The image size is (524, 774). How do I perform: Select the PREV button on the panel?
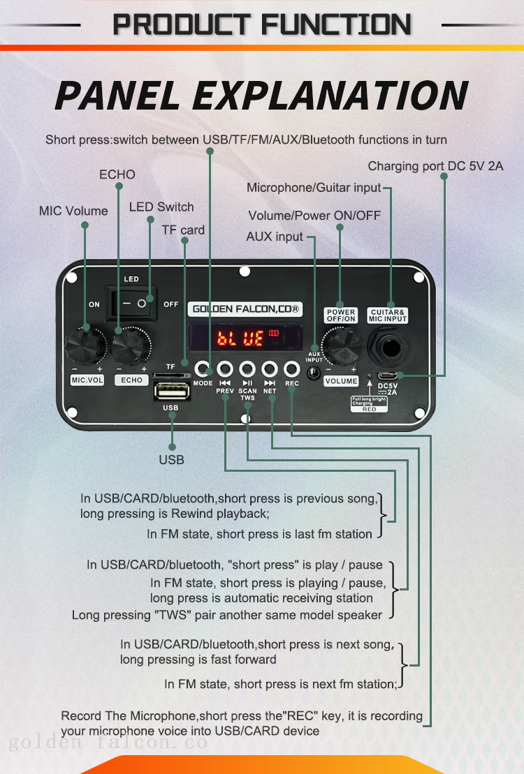225,368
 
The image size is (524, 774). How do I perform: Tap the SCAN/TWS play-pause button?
247,368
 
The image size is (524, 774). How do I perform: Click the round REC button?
291,368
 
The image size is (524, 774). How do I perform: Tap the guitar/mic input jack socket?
388,345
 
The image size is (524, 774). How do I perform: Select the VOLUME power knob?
341,345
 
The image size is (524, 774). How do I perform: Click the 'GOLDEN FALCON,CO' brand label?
246,308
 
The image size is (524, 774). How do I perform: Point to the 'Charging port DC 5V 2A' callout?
435,166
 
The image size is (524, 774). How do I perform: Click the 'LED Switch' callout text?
161,207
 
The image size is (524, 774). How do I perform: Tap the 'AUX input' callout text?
275,237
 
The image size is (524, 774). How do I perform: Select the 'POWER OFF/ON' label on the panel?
341,315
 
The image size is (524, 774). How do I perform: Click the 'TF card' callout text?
183,230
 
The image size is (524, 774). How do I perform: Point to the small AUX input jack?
314,372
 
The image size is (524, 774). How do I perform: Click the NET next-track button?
270,368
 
